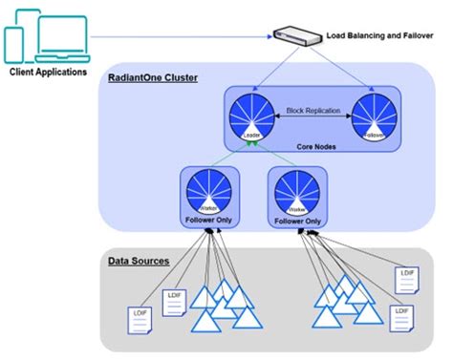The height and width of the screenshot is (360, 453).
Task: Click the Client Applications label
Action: click(x=48, y=72)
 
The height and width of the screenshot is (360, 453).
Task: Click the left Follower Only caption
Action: click(x=207, y=220)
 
